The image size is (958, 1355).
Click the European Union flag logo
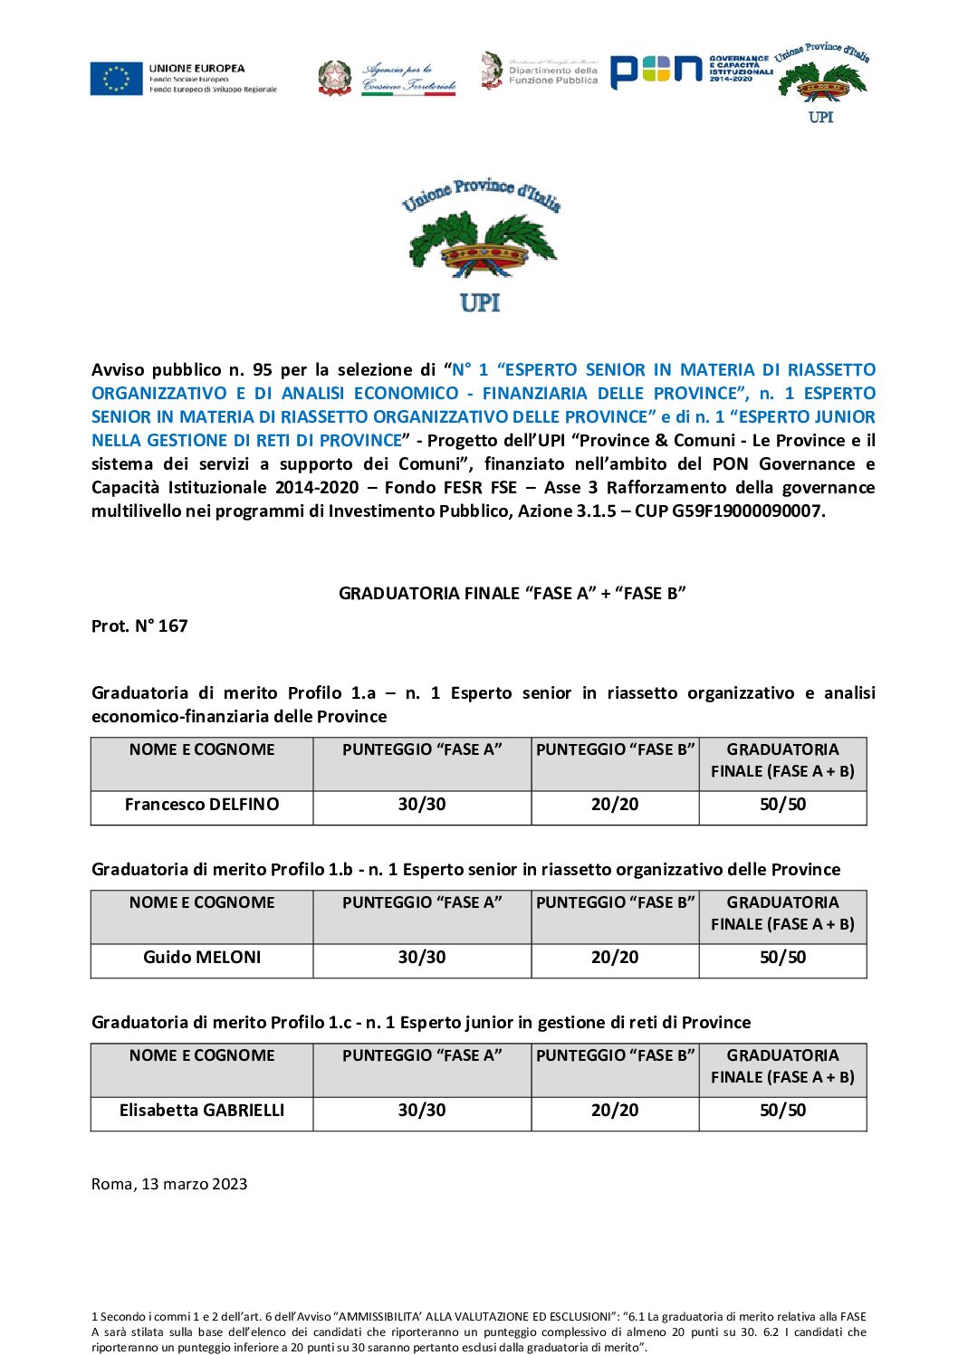pyautogui.click(x=116, y=79)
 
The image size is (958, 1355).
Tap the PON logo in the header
pyautogui.click(x=656, y=72)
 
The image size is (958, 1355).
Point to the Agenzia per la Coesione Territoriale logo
pyautogui.click(x=388, y=79)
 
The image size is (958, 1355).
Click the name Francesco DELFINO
pyautogui.click(x=202, y=805)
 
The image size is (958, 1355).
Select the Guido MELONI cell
pyautogui.click(x=202, y=958)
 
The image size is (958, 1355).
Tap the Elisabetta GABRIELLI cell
pyautogui.click(x=202, y=1111)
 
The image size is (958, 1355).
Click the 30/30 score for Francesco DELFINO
pyautogui.click(x=422, y=805)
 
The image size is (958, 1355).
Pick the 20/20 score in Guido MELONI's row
pyautogui.click(x=615, y=958)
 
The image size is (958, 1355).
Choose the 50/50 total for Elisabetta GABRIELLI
pyautogui.click(x=782, y=1111)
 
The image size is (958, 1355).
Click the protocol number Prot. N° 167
pyautogui.click(x=139, y=626)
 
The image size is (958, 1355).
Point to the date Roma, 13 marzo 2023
pyautogui.click(x=169, y=1185)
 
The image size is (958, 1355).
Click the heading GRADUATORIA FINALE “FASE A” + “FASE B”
pyautogui.click(x=512, y=594)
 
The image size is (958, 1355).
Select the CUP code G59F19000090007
pyautogui.click(x=747, y=511)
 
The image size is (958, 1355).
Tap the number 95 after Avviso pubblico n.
pyautogui.click(x=263, y=370)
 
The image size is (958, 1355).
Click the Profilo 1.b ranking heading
pyautogui.click(x=465, y=870)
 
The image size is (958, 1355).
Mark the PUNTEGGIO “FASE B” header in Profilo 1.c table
pyautogui.click(x=615, y=1056)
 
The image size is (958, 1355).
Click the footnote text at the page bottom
pyautogui.click(x=478, y=1331)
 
